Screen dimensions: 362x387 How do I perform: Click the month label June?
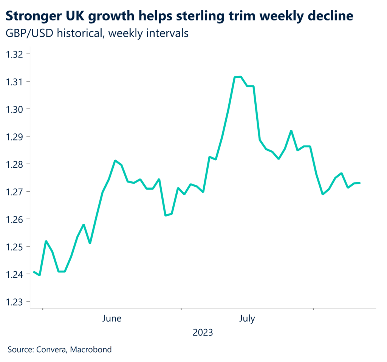point(112,319)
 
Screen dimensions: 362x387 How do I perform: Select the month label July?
point(247,319)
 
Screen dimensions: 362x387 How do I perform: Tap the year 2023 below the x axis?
point(203,333)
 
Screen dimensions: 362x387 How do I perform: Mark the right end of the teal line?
point(360,183)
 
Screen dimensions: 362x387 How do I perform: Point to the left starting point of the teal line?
point(34,271)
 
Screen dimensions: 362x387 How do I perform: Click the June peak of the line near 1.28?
point(115,161)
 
